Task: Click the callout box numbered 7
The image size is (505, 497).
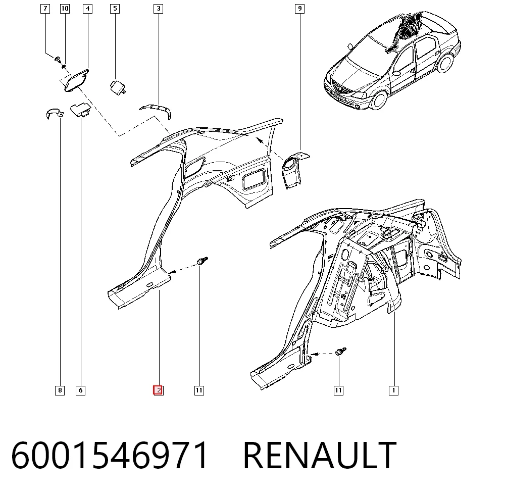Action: click(x=45, y=9)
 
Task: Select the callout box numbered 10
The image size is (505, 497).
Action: click(x=65, y=9)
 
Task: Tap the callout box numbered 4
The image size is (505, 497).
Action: click(x=87, y=9)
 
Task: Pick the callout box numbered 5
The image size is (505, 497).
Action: click(x=115, y=9)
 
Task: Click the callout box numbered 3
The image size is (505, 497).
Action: click(x=159, y=9)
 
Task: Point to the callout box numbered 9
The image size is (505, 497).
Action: click(x=300, y=9)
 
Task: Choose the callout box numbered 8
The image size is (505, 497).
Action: click(x=60, y=391)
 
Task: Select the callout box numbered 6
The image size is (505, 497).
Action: click(x=80, y=391)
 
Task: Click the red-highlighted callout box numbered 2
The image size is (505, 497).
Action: click(x=158, y=391)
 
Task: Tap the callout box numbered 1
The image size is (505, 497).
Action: click(x=393, y=391)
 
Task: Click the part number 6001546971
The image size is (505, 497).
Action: click(x=110, y=455)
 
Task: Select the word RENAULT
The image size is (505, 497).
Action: click(x=320, y=455)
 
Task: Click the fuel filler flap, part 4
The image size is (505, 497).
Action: click(x=76, y=80)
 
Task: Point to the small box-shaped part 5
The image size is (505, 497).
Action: click(x=118, y=87)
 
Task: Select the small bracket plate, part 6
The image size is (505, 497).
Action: click(x=80, y=110)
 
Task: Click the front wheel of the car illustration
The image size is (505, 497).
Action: click(x=378, y=100)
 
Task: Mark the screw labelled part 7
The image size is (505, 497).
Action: click(x=58, y=60)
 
